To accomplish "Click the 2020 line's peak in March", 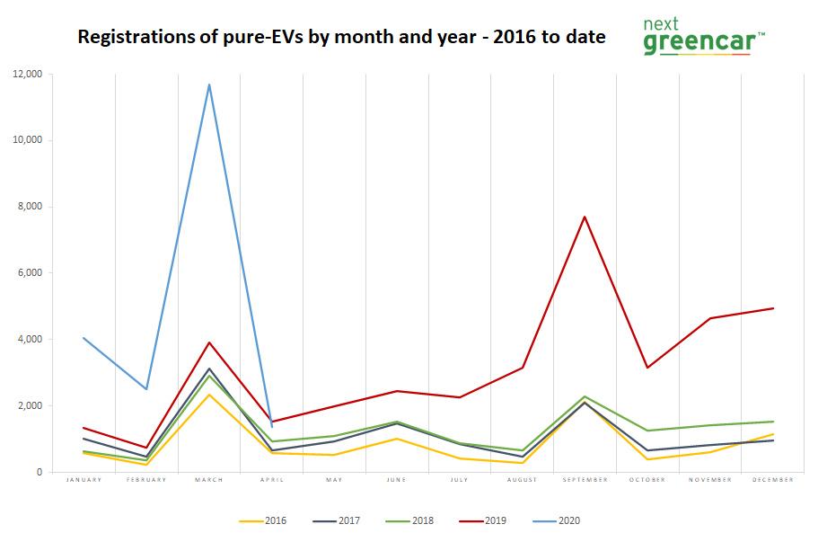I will click(209, 84).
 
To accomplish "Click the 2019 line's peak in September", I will click(585, 217).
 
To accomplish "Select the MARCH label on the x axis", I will click(209, 480).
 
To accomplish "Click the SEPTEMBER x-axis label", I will click(585, 480).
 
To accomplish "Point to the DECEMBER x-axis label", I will click(772, 480).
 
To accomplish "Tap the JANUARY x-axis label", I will click(84, 480).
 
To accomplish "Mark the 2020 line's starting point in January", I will click(84, 338).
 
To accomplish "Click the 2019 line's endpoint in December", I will click(772, 308).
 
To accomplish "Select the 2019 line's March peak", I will click(209, 342).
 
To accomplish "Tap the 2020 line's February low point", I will click(146, 389).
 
